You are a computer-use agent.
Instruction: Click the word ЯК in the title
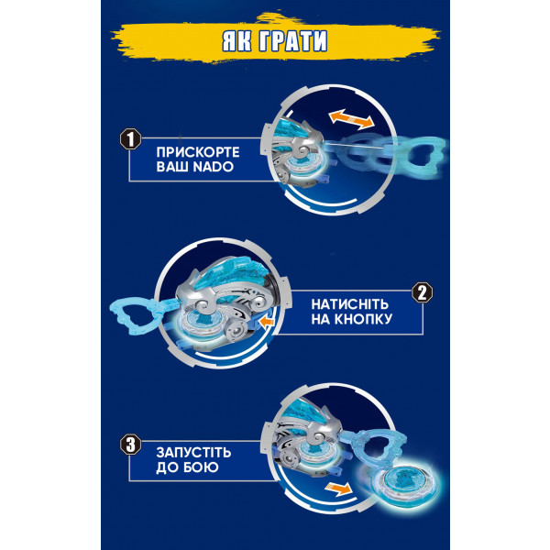pyautogui.click(x=236, y=41)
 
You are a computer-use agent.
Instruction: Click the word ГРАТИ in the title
pyautogui.click(x=292, y=41)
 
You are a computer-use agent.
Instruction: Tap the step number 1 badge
pyautogui.click(x=130, y=139)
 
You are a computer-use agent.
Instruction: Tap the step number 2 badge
pyautogui.click(x=422, y=292)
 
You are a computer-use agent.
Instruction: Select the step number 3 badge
pyautogui.click(x=130, y=445)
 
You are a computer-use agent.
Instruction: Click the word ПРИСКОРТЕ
pyautogui.click(x=198, y=152)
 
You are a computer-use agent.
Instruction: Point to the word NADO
pyautogui.click(x=214, y=167)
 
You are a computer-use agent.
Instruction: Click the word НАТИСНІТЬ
pyautogui.click(x=350, y=304)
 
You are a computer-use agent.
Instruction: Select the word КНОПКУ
pyautogui.click(x=362, y=319)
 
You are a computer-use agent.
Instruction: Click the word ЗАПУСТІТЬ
pyautogui.click(x=193, y=453)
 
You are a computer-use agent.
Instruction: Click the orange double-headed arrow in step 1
pyautogui.click(x=351, y=119)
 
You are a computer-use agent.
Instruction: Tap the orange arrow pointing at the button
pyautogui.click(x=268, y=321)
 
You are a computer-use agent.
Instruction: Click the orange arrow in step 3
pyautogui.click(x=338, y=489)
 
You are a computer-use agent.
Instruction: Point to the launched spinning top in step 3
pyautogui.click(x=401, y=481)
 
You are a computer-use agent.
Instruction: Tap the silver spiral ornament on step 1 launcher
pyautogui.click(x=302, y=152)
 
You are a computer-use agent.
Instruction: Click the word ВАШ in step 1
pyautogui.click(x=172, y=167)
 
